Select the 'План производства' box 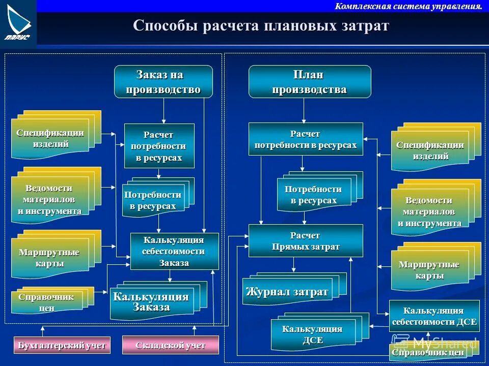point(309,81)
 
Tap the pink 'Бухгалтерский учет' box point(62,345)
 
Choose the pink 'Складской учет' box point(170,345)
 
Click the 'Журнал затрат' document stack point(287,292)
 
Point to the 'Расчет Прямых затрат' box point(306,241)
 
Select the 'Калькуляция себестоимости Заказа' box point(174,251)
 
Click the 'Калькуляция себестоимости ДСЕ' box point(434,316)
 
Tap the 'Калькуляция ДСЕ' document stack point(312,334)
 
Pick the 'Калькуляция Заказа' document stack point(151,302)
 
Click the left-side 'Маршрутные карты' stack point(50,258)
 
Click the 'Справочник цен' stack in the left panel point(46,302)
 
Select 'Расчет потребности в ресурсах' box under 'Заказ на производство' point(159,146)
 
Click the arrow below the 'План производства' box point(304,110)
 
